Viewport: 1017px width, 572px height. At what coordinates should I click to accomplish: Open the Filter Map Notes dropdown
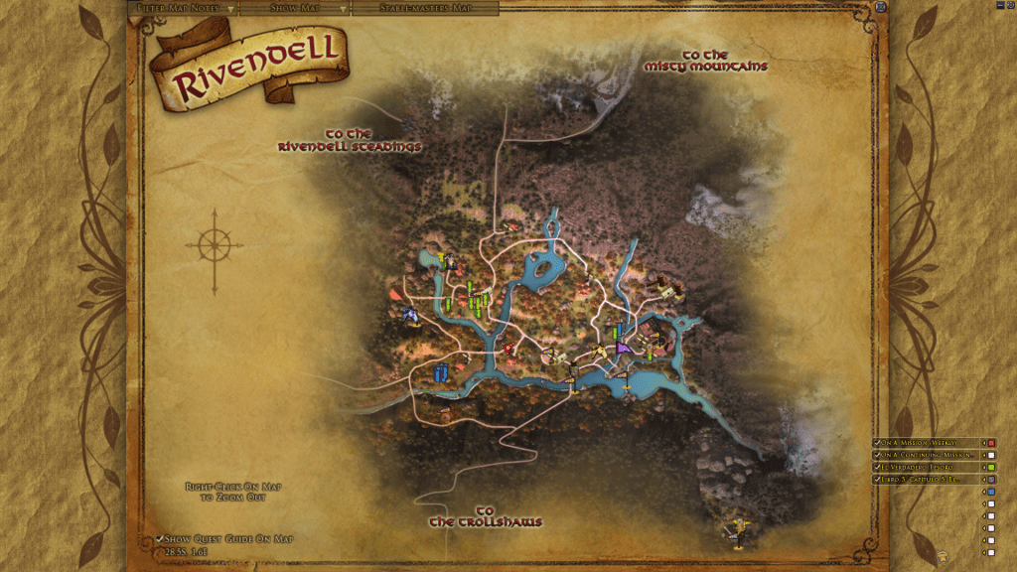(x=184, y=8)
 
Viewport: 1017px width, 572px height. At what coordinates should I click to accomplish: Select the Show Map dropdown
(x=296, y=8)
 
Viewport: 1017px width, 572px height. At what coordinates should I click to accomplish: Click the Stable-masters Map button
(x=424, y=8)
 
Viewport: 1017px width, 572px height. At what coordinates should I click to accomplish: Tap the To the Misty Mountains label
(x=705, y=61)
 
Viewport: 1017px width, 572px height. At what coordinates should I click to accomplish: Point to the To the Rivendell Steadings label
(x=349, y=140)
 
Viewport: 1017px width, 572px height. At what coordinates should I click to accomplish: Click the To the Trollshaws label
(x=486, y=516)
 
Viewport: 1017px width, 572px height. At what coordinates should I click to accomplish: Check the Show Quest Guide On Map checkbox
(x=160, y=539)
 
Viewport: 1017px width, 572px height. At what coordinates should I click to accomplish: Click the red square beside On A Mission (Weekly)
(x=991, y=443)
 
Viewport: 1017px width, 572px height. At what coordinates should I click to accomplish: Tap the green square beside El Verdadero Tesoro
(x=991, y=467)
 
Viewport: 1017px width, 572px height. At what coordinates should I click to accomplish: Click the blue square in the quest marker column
(x=991, y=492)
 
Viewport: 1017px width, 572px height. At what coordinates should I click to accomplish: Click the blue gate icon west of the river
(x=441, y=372)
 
